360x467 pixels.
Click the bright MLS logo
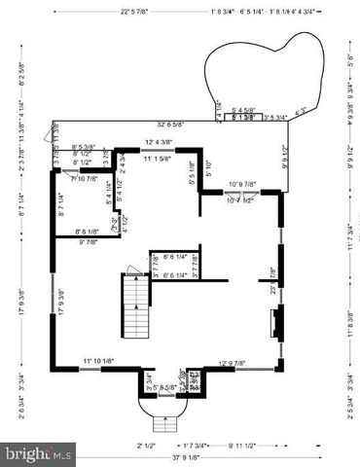pyautogui.click(x=39, y=452)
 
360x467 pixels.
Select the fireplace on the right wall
pyautogui.click(x=279, y=323)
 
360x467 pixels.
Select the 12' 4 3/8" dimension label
pyautogui.click(x=163, y=143)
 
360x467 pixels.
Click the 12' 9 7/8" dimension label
pyautogui.click(x=238, y=363)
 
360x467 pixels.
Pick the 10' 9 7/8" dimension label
pyautogui.click(x=242, y=184)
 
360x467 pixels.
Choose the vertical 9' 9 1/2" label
pyautogui.click(x=285, y=156)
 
